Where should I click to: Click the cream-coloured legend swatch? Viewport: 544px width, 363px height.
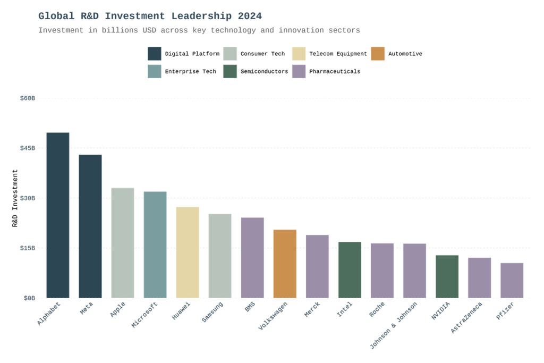click(x=300, y=54)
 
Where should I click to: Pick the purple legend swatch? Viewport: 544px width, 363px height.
click(x=300, y=71)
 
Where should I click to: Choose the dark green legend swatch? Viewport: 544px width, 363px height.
click(x=231, y=71)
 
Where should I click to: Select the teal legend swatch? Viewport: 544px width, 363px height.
click(x=155, y=71)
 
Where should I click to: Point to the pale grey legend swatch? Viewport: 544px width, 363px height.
click(x=231, y=54)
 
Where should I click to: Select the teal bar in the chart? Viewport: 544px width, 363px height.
click(x=159, y=244)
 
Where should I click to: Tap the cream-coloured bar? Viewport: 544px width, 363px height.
click(x=192, y=252)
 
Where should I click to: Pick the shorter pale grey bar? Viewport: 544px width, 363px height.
click(x=224, y=256)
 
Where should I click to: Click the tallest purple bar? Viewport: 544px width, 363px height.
click(x=257, y=257)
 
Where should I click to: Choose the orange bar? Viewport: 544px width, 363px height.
click(x=289, y=264)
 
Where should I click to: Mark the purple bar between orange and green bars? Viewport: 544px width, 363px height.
click(x=321, y=266)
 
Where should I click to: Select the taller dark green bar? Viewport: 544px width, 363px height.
click(x=354, y=269)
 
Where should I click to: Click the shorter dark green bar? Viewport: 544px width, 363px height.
click(x=451, y=276)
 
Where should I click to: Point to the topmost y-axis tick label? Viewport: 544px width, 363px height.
click(x=29, y=98)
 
